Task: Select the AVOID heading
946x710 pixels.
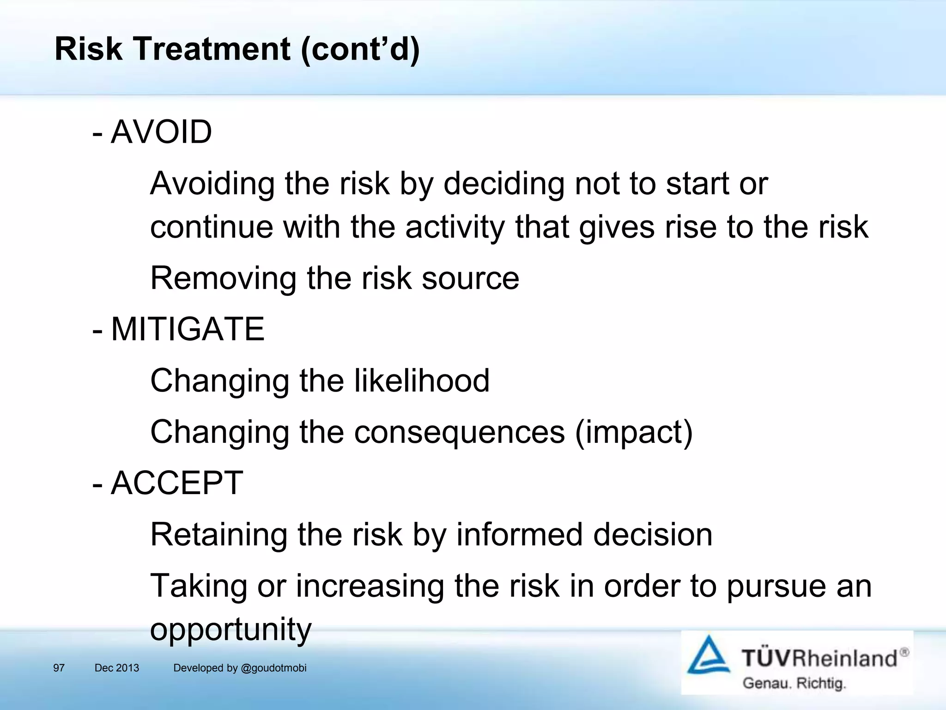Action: [161, 132]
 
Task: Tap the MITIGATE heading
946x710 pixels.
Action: [188, 330]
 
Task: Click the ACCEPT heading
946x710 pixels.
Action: [177, 483]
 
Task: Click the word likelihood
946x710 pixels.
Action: [422, 381]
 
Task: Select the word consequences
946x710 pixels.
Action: [460, 432]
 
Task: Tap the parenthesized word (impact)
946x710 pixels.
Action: [634, 432]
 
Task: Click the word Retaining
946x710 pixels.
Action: [218, 535]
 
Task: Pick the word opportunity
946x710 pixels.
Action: [231, 630]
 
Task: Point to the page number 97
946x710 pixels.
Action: [59, 668]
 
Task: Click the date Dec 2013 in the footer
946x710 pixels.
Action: [116, 668]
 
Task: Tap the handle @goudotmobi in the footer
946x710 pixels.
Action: [273, 668]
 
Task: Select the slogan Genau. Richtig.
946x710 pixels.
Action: [794, 683]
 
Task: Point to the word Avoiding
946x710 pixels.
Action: [212, 184]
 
